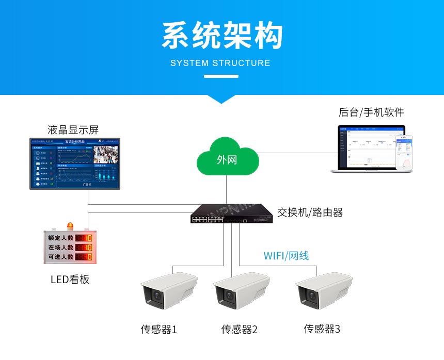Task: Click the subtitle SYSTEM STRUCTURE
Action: coord(220,63)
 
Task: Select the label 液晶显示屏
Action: coord(73,129)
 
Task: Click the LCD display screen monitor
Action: coord(75,163)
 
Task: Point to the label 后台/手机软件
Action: coord(371,112)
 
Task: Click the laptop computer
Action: coord(366,149)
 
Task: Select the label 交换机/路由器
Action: coord(310,212)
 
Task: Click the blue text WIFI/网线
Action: coord(286,255)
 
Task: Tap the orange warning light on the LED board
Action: coord(70,226)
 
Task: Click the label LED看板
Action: coord(70,280)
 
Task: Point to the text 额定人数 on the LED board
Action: coord(61,238)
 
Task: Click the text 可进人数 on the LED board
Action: coord(61,256)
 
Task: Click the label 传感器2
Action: coord(239,329)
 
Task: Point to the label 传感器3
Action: coord(322,329)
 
